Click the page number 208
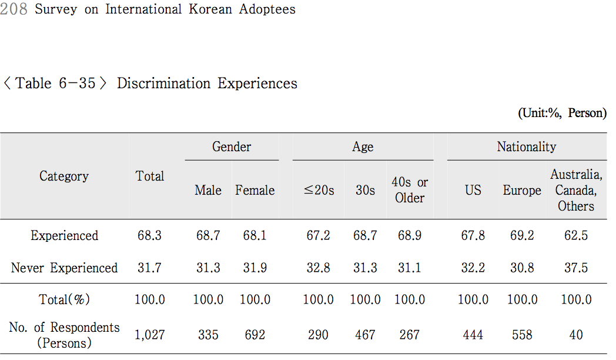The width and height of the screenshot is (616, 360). tap(14, 9)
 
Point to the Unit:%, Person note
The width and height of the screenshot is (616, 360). tap(561, 114)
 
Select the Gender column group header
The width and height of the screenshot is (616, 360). tap(232, 147)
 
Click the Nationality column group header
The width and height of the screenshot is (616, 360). tap(526, 147)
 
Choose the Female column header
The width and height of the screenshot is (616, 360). tap(255, 191)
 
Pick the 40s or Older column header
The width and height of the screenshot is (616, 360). tap(410, 191)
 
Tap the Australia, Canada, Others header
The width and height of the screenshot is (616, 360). tap(576, 191)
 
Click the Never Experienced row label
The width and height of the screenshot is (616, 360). tap(64, 268)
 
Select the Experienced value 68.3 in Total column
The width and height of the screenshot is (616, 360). tap(150, 236)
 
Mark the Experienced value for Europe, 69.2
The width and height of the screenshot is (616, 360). tap(522, 236)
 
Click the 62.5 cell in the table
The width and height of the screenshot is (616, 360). tap(576, 236)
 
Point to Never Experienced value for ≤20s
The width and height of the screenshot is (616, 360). tap(318, 268)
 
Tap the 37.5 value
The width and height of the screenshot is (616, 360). tap(576, 268)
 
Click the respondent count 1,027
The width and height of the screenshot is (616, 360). tap(150, 335)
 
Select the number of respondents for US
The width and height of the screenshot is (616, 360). tap(473, 335)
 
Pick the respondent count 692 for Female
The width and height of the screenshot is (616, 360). tap(255, 335)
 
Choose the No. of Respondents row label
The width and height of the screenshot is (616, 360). tap(64, 335)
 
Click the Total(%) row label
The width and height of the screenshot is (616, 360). tap(64, 300)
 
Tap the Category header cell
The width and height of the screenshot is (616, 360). tap(64, 176)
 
